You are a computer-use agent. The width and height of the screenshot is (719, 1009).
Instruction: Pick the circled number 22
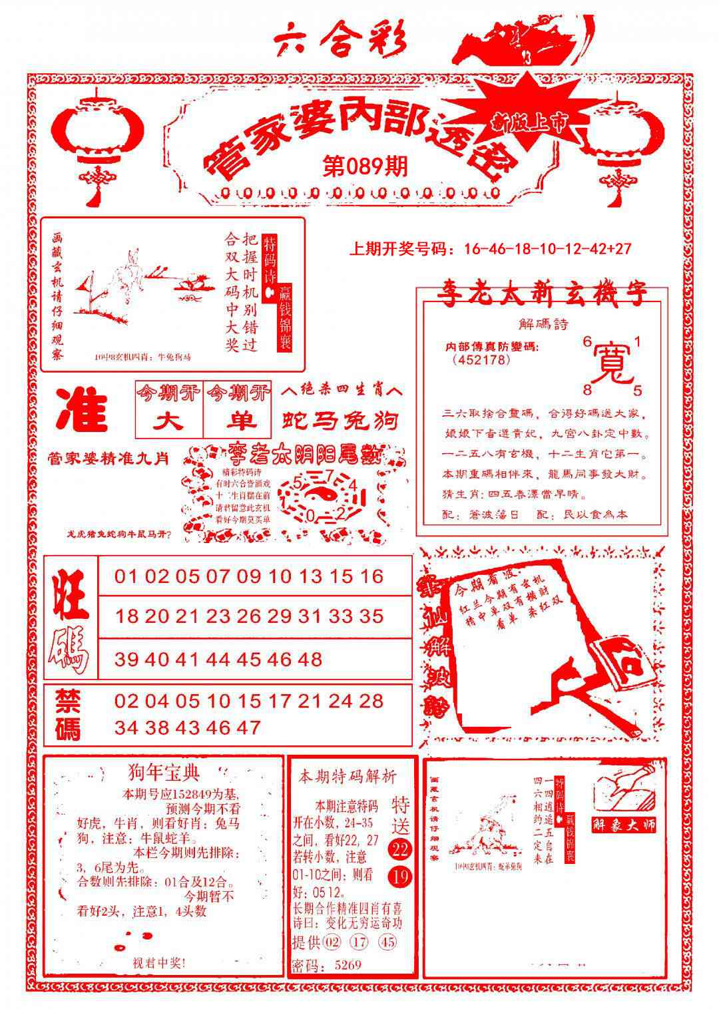point(401,850)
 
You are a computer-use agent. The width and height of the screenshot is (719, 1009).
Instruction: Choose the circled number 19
point(401,877)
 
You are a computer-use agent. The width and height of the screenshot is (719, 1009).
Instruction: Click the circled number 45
point(387,942)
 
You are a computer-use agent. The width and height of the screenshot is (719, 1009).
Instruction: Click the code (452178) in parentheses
point(481,360)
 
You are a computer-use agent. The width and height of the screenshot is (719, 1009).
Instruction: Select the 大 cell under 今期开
point(169,421)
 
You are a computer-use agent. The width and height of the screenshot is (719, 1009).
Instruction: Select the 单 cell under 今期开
point(239,421)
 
